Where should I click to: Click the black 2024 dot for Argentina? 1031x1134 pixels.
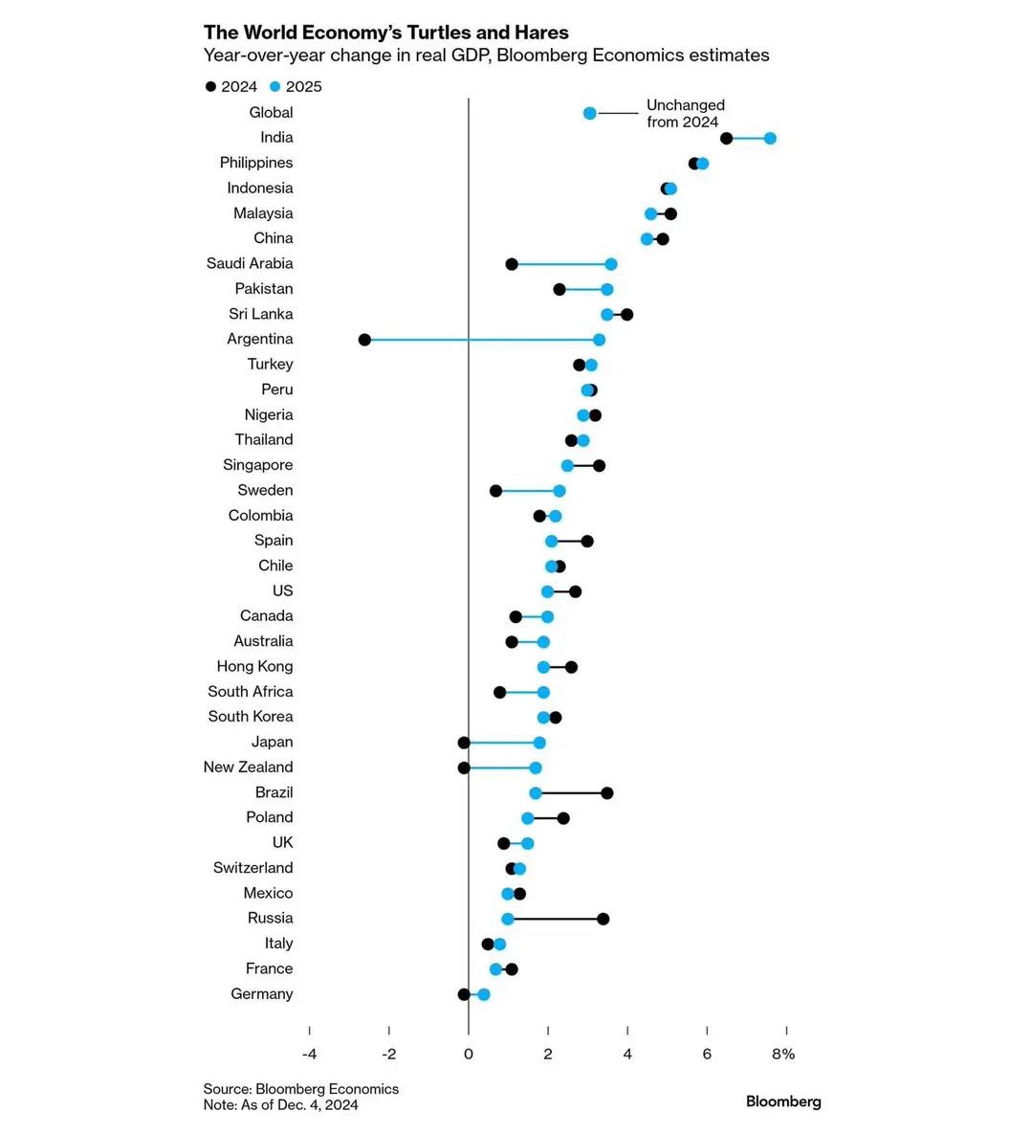(364, 340)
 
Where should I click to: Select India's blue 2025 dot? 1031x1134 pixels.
(770, 139)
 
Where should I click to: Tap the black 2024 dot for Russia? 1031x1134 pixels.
(603, 919)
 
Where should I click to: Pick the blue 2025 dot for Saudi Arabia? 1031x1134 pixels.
(611, 264)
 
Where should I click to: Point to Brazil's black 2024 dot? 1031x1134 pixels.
(606, 792)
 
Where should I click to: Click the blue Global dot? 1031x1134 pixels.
(590, 113)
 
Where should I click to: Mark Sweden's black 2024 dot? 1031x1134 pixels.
(495, 491)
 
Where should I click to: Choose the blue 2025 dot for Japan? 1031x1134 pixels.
(539, 743)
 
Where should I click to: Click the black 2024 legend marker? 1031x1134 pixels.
(210, 87)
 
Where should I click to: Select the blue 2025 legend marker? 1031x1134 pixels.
(275, 87)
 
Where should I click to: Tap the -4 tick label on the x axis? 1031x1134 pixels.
(309, 1055)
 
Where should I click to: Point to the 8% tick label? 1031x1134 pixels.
(783, 1055)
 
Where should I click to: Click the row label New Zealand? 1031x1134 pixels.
(248, 767)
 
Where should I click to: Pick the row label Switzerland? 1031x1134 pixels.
(252, 868)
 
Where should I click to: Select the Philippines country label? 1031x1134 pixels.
(256, 163)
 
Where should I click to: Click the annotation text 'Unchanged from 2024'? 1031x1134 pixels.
(685, 113)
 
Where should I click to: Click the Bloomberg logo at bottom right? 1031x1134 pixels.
(783, 1101)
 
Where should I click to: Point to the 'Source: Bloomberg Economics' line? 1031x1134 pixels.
(300, 1089)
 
